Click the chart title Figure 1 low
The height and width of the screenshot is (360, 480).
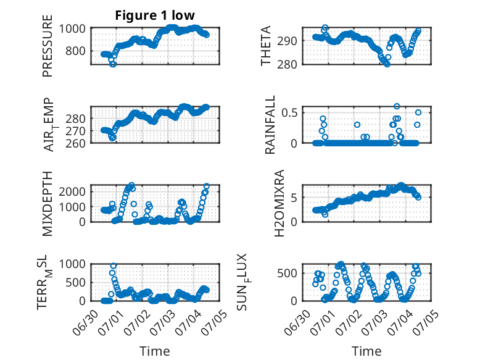tap(155, 15)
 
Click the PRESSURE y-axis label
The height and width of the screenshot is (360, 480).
tap(48, 46)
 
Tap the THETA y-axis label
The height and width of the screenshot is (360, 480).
tap(266, 46)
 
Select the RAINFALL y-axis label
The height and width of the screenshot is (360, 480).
tap(270, 125)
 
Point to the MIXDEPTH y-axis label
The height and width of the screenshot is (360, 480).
tap(48, 203)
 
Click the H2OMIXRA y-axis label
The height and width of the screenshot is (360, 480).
tap(279, 203)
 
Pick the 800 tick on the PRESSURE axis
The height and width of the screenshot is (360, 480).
tap(75, 51)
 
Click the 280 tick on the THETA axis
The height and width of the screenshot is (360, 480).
tap(287, 65)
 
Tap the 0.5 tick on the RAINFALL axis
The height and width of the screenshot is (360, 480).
tap(289, 112)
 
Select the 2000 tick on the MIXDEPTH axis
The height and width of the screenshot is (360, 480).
tap(72, 191)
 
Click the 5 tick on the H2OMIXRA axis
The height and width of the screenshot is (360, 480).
tap(294, 198)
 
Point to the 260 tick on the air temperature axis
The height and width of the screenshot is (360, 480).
tap(75, 143)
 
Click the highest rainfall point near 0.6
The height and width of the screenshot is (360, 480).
tap(397, 106)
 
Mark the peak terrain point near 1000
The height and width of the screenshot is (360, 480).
tap(114, 266)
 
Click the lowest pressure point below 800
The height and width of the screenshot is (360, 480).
tap(113, 64)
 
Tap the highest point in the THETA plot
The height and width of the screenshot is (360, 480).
tap(325, 28)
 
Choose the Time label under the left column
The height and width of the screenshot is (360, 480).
tap(155, 351)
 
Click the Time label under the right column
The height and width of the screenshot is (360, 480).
tap(366, 351)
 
